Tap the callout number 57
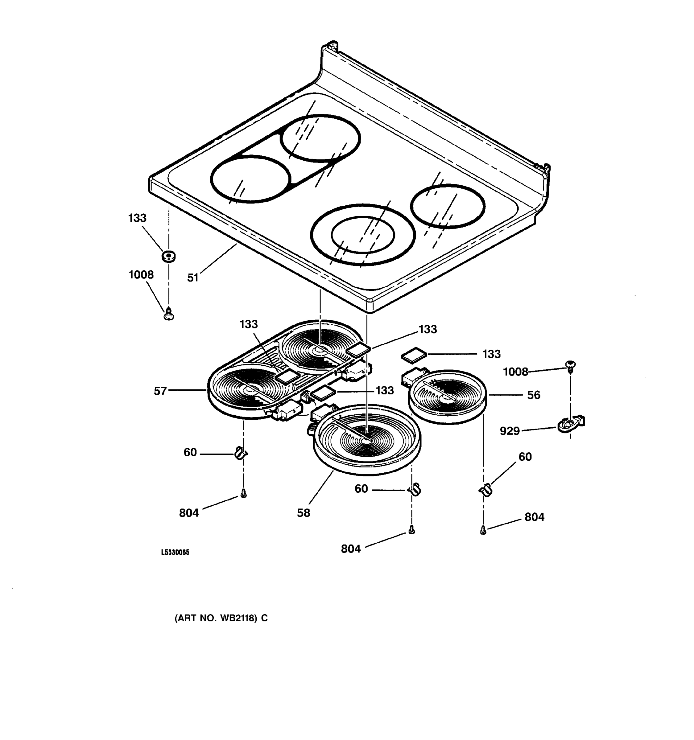(160, 391)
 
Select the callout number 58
(304, 513)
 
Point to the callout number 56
(534, 395)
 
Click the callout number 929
(509, 431)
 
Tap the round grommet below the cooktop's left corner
(169, 256)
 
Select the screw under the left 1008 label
(169, 313)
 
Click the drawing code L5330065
(175, 553)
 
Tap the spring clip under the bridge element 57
(241, 453)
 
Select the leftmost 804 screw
(243, 494)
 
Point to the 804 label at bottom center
(351, 549)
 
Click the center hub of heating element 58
(365, 440)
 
